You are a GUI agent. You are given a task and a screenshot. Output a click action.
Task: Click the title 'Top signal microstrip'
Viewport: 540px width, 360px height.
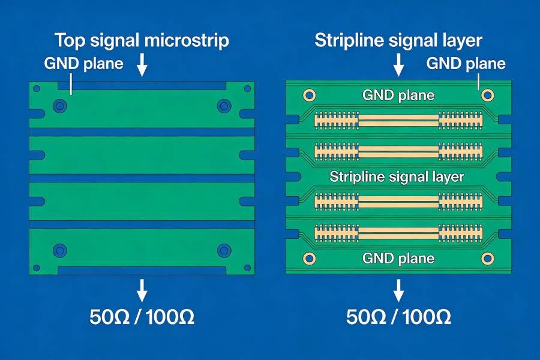pyautogui.click(x=142, y=41)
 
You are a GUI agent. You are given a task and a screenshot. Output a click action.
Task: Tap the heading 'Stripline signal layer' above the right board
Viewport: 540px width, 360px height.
pyautogui.click(x=398, y=41)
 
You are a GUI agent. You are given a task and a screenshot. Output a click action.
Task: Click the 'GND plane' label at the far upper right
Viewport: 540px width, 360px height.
pyautogui.click(x=466, y=64)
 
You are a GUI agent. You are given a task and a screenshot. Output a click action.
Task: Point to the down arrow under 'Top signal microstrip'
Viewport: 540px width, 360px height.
pyautogui.click(x=142, y=65)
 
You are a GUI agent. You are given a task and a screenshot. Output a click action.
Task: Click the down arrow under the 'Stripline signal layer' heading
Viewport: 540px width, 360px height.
pyautogui.click(x=398, y=65)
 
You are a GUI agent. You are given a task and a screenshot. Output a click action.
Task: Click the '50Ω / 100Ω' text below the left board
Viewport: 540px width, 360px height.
pyautogui.click(x=142, y=317)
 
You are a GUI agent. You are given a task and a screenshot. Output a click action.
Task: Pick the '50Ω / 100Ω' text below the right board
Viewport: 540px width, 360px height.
pyautogui.click(x=398, y=317)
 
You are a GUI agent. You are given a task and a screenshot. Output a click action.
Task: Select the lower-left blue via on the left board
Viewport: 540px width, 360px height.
pyautogui.click(x=59, y=250)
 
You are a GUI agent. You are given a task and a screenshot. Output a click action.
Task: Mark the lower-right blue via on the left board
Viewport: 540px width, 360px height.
pyautogui.click(x=224, y=250)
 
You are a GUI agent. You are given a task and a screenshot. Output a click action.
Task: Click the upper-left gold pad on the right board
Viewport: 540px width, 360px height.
pyautogui.click(x=310, y=95)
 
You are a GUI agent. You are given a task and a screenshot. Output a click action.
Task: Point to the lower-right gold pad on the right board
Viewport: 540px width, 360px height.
pyautogui.click(x=487, y=259)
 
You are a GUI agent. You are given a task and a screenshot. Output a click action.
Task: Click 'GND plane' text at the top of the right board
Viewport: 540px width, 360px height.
pyautogui.click(x=398, y=95)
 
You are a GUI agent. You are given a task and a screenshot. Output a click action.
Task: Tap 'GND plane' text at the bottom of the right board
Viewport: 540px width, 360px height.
pyautogui.click(x=398, y=259)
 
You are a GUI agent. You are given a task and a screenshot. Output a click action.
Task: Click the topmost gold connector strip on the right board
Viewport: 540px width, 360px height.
pyautogui.click(x=398, y=121)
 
